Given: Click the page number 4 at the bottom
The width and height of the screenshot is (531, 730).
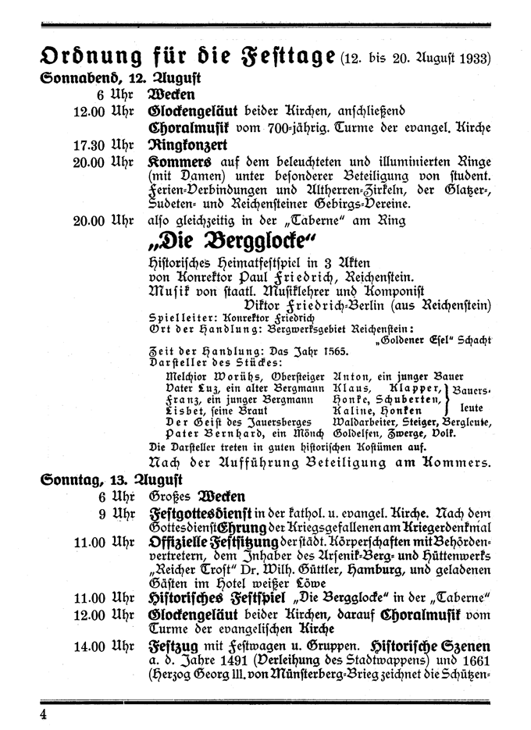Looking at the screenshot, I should pos(45,714).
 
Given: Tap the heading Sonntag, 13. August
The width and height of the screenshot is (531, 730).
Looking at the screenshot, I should pos(110,479).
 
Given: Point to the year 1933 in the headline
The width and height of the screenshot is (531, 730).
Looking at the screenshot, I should pos(475,59).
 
